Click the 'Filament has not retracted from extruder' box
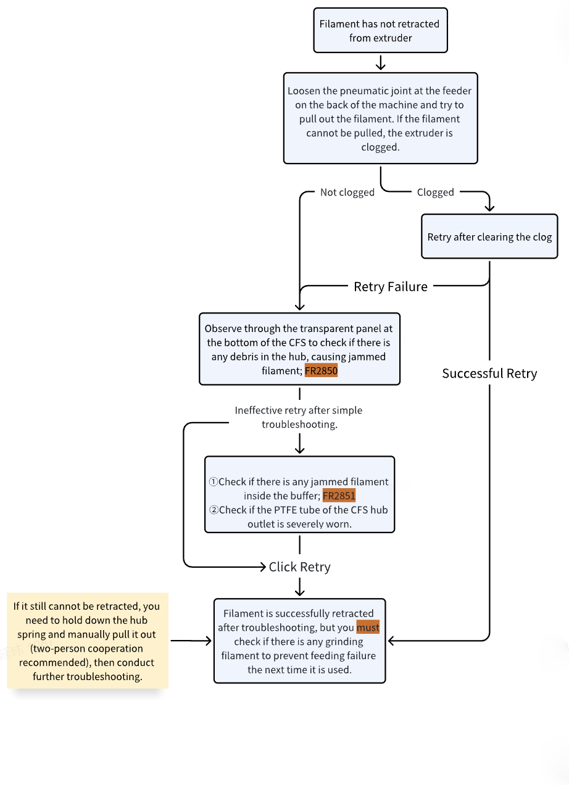pyautogui.click(x=380, y=30)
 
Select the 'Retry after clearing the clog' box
pyautogui.click(x=489, y=236)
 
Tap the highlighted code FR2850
pyautogui.click(x=321, y=370)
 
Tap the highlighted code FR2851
pyautogui.click(x=339, y=496)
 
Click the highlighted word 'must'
pyautogui.click(x=368, y=627)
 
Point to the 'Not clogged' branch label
pyautogui.click(x=347, y=192)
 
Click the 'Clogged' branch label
pyautogui.click(x=435, y=192)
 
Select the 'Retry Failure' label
pyautogui.click(x=390, y=287)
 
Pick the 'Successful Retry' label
pyautogui.click(x=489, y=373)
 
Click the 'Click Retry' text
pyautogui.click(x=299, y=567)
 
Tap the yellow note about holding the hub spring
pyautogui.click(x=88, y=641)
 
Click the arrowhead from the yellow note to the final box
pyautogui.click(x=209, y=641)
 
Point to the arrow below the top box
pyautogui.click(x=381, y=62)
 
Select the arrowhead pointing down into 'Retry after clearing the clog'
pyautogui.click(x=489, y=208)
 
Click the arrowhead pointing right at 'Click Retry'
pyautogui.click(x=263, y=567)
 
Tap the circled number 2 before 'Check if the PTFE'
pyautogui.click(x=214, y=510)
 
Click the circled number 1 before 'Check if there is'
pyautogui.click(x=214, y=481)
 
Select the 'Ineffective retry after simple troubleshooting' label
pyautogui.click(x=299, y=417)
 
